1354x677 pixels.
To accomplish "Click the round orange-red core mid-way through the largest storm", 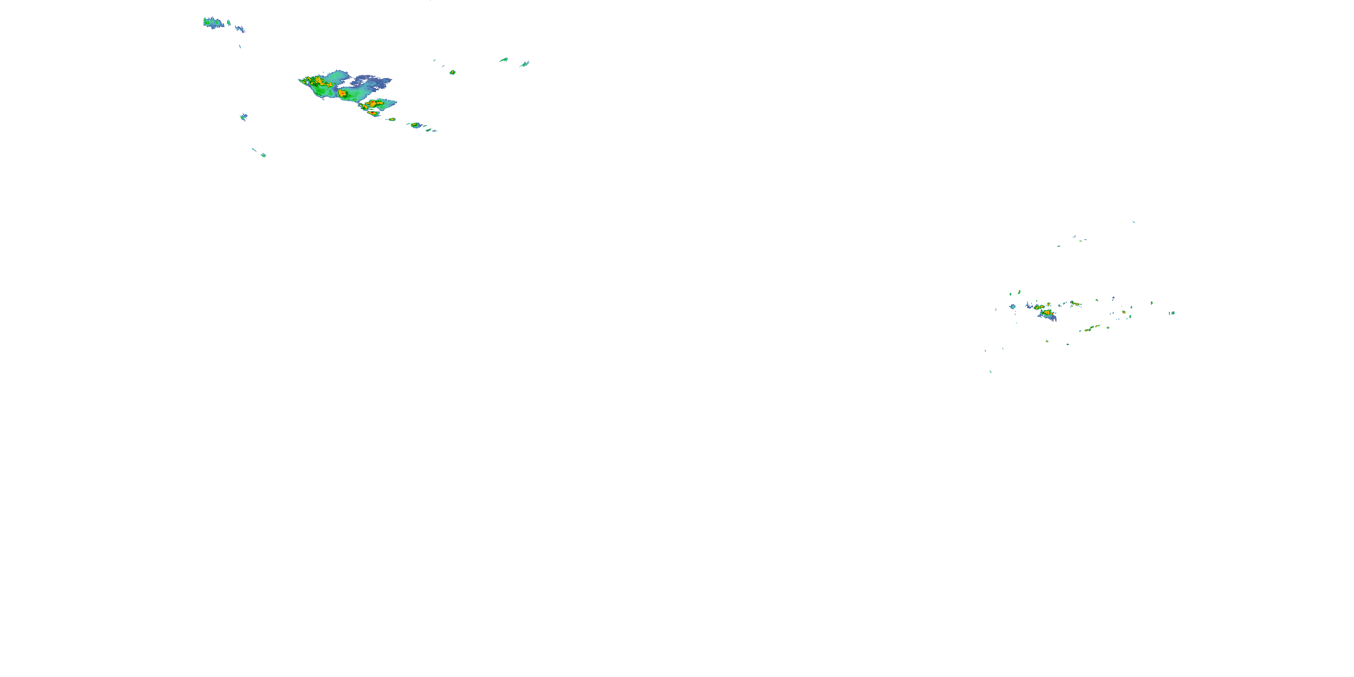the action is [342, 93].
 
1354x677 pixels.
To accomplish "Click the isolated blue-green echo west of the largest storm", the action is [243, 117].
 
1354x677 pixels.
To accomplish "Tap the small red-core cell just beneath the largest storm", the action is [373, 113].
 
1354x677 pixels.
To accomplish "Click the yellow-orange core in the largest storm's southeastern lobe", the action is [373, 104].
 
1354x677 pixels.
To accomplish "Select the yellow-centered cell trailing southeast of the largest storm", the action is [415, 125].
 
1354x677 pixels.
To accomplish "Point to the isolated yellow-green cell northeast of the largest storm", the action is [452, 72].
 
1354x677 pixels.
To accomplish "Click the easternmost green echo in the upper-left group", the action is [524, 64].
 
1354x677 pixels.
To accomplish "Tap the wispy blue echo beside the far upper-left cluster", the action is [240, 28].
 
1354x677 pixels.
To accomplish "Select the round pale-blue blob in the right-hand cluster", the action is [1012, 306].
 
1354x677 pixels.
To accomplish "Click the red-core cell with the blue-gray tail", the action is [1047, 314].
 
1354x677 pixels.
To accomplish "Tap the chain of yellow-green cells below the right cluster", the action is [1089, 329].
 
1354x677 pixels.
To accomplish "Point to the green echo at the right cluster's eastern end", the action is [1172, 313].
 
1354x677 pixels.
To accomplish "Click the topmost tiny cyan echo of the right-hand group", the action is [1133, 222].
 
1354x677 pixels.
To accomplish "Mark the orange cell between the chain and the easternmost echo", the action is [1124, 312].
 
